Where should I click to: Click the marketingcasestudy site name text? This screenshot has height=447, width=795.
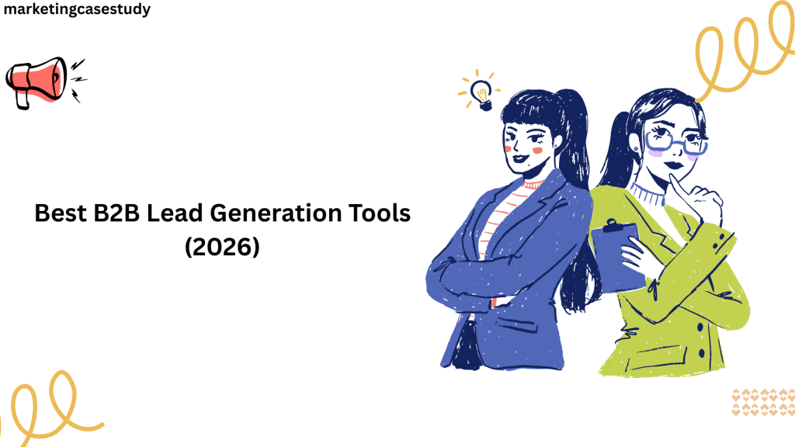point(77,9)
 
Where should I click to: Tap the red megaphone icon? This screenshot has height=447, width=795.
point(36,82)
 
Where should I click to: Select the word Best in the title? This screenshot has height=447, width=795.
point(61,213)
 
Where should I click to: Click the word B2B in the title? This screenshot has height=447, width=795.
point(116,213)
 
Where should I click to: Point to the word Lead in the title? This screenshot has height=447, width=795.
point(175,213)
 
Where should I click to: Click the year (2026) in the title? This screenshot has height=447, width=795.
point(222,247)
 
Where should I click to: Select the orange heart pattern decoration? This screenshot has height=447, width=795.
point(763,402)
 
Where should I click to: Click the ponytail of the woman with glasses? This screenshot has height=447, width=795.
point(616,150)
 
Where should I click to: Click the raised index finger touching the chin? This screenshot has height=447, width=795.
point(681,189)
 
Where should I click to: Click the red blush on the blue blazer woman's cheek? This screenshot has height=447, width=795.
point(538,151)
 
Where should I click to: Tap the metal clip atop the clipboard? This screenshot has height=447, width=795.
point(613,226)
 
